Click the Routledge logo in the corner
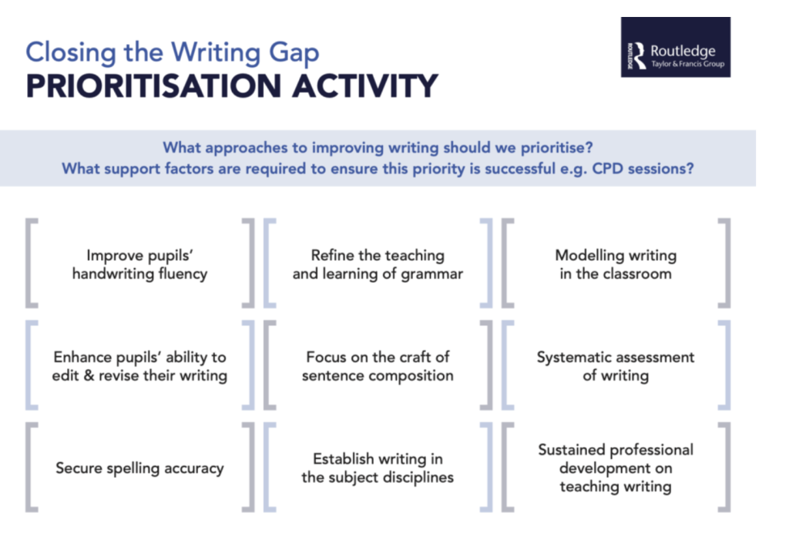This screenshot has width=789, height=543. point(675,47)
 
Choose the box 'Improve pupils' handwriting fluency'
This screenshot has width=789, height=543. point(139,263)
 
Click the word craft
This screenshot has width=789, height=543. point(410,357)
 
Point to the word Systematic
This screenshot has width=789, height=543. point(579,357)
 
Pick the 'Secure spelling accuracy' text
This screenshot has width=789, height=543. point(139,468)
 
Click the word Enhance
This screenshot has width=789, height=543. point(79,357)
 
